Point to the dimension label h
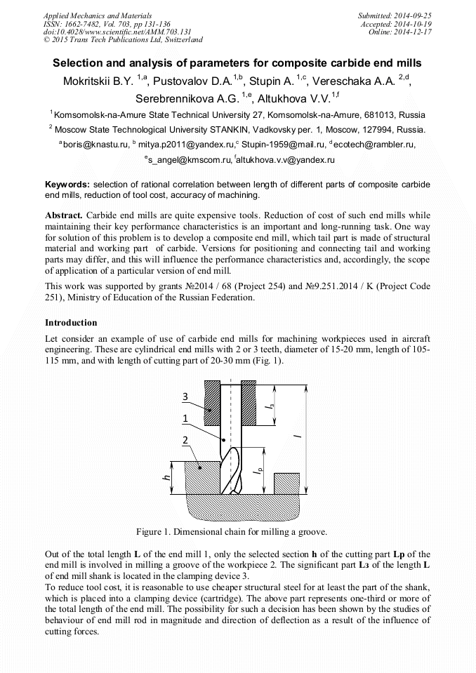coord(166,477)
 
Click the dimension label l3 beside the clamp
coord(271,405)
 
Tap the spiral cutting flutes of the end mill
coord(231,470)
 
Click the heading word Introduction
coord(71,323)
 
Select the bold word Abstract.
coord(64,215)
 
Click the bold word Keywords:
coord(67,183)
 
